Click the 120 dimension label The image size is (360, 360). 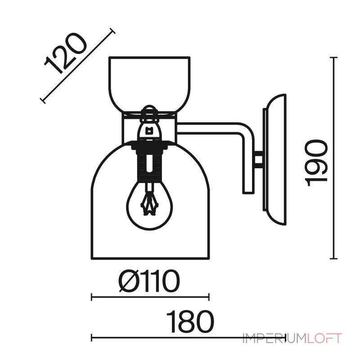click(x=66, y=54)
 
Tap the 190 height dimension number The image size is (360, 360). click(x=316, y=163)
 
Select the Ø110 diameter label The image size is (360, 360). click(x=149, y=281)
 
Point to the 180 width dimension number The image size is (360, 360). click(x=190, y=321)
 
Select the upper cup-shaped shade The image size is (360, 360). click(x=149, y=84)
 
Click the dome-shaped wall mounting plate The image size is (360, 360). click(x=275, y=159)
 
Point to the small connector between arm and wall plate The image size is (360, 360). click(x=259, y=159)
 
